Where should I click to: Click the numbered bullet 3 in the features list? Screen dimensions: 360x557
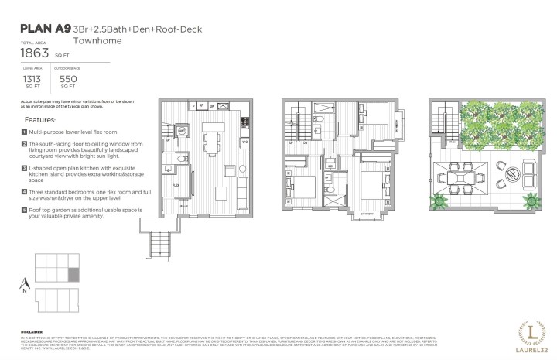coord(25,167)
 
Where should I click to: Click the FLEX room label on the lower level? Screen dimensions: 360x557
coord(176,186)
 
